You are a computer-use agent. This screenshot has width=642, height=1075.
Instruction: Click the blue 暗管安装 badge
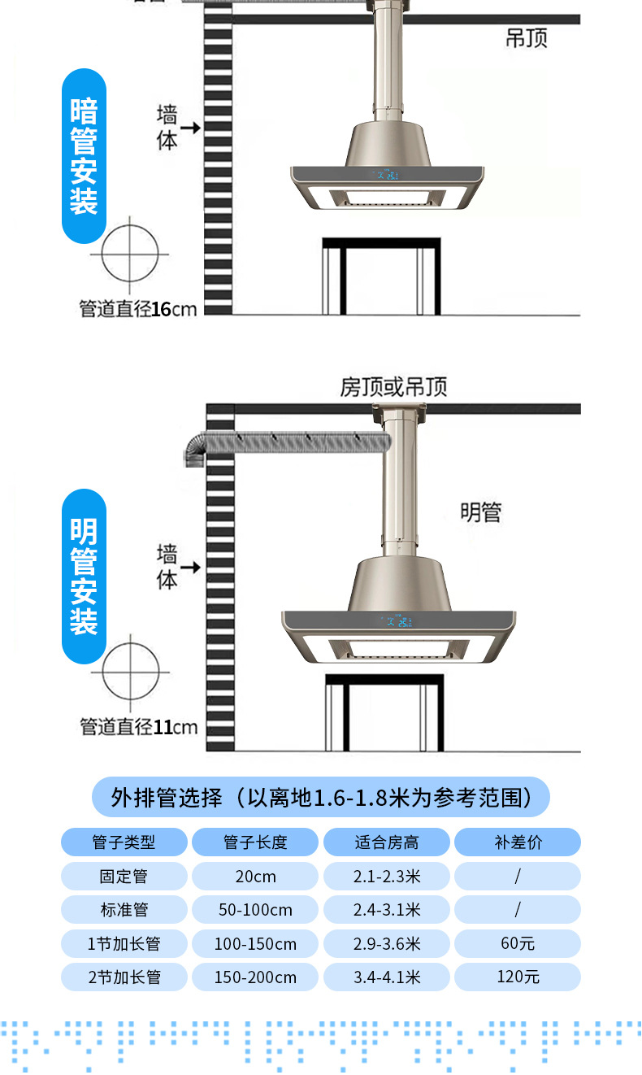(x=84, y=156)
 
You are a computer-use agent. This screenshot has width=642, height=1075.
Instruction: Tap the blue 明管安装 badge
(x=84, y=576)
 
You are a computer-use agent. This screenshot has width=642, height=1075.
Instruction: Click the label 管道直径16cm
(x=137, y=309)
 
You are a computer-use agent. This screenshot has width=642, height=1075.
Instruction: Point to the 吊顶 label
(x=526, y=38)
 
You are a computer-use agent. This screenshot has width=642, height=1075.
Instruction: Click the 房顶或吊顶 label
(x=393, y=387)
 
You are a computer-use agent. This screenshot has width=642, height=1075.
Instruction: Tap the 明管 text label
(x=480, y=512)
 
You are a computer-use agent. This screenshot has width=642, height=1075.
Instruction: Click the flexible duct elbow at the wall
(x=196, y=450)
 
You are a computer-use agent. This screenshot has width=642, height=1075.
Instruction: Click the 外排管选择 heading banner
(x=321, y=797)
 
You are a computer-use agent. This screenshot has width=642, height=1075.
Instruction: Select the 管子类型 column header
(x=124, y=842)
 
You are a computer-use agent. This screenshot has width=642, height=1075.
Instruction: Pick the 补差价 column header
(x=517, y=842)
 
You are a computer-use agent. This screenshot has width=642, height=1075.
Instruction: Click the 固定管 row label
(x=124, y=877)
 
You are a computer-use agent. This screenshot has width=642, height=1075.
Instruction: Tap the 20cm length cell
(x=254, y=877)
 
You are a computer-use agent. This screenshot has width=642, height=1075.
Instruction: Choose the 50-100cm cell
(x=254, y=910)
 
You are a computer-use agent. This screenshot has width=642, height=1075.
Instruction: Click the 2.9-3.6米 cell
(x=386, y=944)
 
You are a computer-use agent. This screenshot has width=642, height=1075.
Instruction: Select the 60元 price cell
(x=517, y=944)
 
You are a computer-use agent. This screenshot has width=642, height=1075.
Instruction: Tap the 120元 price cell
(x=517, y=977)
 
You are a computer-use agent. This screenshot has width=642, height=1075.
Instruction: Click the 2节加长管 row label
(x=124, y=977)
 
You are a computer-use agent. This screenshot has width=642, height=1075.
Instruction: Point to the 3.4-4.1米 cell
(x=386, y=977)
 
